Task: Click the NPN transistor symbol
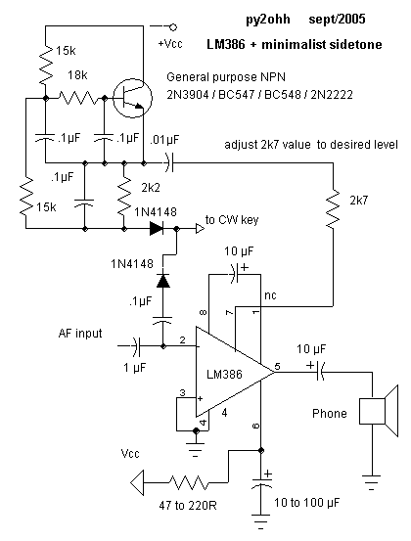132,98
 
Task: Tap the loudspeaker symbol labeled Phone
379,411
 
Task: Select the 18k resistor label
77,75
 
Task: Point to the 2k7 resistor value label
359,201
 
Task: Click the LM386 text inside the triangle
224,374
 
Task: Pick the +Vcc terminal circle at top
173,27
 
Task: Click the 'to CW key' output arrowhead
200,228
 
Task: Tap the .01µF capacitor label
164,139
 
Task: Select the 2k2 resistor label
151,188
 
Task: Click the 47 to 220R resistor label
188,506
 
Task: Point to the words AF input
80,334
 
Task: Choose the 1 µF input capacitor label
135,368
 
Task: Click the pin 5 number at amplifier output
278,366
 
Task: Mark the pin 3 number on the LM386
183,392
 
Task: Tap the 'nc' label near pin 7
270,295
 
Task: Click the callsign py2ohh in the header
268,20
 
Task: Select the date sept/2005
337,19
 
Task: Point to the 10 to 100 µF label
307,503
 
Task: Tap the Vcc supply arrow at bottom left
137,483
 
